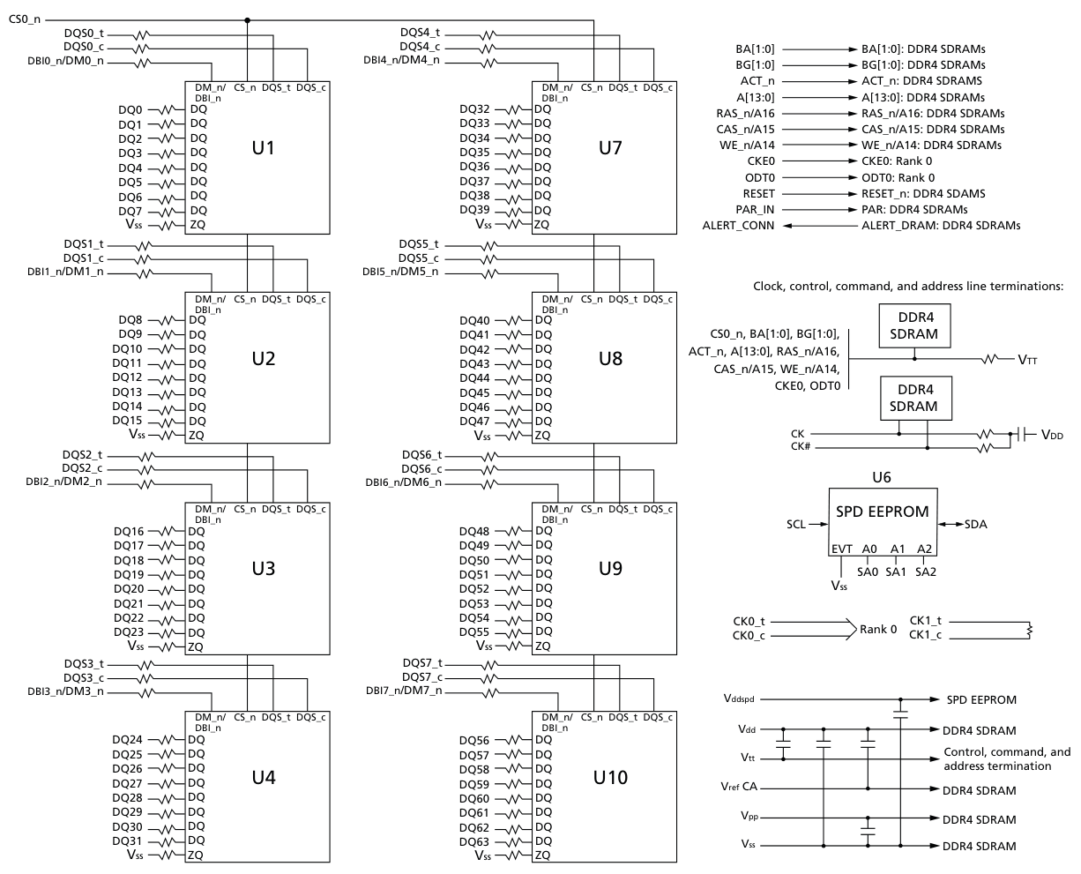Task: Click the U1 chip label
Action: (263, 147)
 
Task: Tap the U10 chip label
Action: (610, 777)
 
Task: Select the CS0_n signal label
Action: (25, 20)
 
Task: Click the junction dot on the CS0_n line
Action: (247, 20)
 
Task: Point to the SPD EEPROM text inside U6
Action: (882, 512)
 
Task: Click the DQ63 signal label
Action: (474, 841)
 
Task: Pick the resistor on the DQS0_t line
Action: (141, 35)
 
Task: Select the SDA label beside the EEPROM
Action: (975, 524)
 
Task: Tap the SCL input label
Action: (796, 524)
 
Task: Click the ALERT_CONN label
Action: (738, 226)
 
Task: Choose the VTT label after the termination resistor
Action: (1027, 360)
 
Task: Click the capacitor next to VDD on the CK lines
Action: (1023, 435)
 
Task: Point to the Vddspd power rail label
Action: (738, 698)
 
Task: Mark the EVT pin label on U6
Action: (841, 549)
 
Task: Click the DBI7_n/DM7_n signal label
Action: (404, 691)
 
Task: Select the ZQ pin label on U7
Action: (541, 224)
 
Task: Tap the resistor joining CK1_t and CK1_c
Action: (1029, 631)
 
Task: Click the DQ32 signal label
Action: (474, 109)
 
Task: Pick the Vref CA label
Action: (739, 787)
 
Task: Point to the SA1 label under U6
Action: (896, 572)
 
